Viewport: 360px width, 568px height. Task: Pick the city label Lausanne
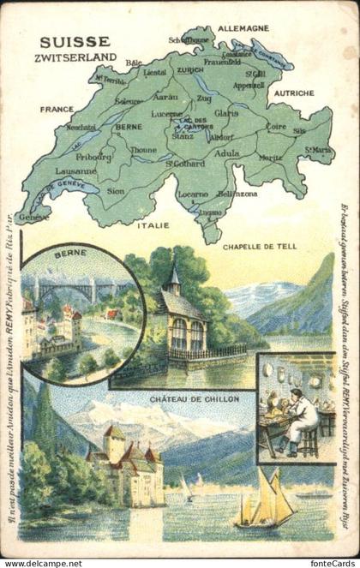tap(57, 170)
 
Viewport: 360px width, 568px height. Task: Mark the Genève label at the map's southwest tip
tap(33, 218)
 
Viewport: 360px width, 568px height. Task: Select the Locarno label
tap(193, 195)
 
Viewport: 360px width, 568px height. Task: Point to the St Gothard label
tap(182, 162)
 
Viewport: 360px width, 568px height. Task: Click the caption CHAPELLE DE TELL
tap(258, 246)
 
